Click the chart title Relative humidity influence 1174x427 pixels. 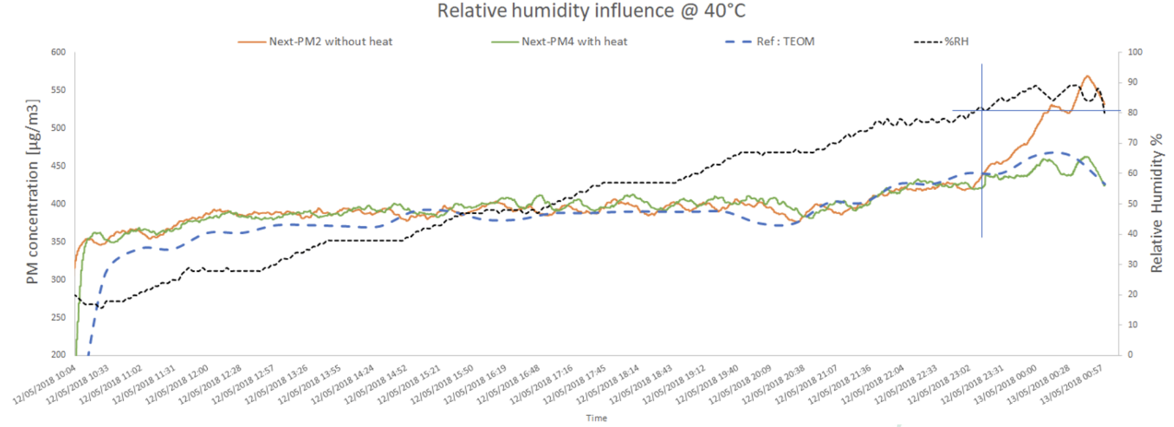(556, 11)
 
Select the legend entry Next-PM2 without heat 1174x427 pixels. (315, 41)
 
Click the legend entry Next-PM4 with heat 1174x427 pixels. (559, 41)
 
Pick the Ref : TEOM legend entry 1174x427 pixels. (770, 41)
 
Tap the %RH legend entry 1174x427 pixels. (941, 41)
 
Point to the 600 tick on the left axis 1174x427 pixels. (59, 52)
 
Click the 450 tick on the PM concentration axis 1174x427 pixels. (59, 166)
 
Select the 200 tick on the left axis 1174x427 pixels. (59, 354)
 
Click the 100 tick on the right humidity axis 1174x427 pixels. (1135, 52)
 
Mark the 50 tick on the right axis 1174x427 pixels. (1133, 204)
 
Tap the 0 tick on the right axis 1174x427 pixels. (1131, 354)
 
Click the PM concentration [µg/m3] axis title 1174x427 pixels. (32, 192)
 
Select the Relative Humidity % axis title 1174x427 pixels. (1156, 203)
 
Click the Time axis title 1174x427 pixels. (597, 418)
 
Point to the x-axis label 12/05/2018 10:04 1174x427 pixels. (45, 385)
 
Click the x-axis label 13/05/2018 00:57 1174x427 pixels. (1071, 385)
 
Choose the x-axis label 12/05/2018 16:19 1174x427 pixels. (475, 385)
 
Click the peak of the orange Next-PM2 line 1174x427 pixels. (1087, 76)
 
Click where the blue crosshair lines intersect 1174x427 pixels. (982, 110)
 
